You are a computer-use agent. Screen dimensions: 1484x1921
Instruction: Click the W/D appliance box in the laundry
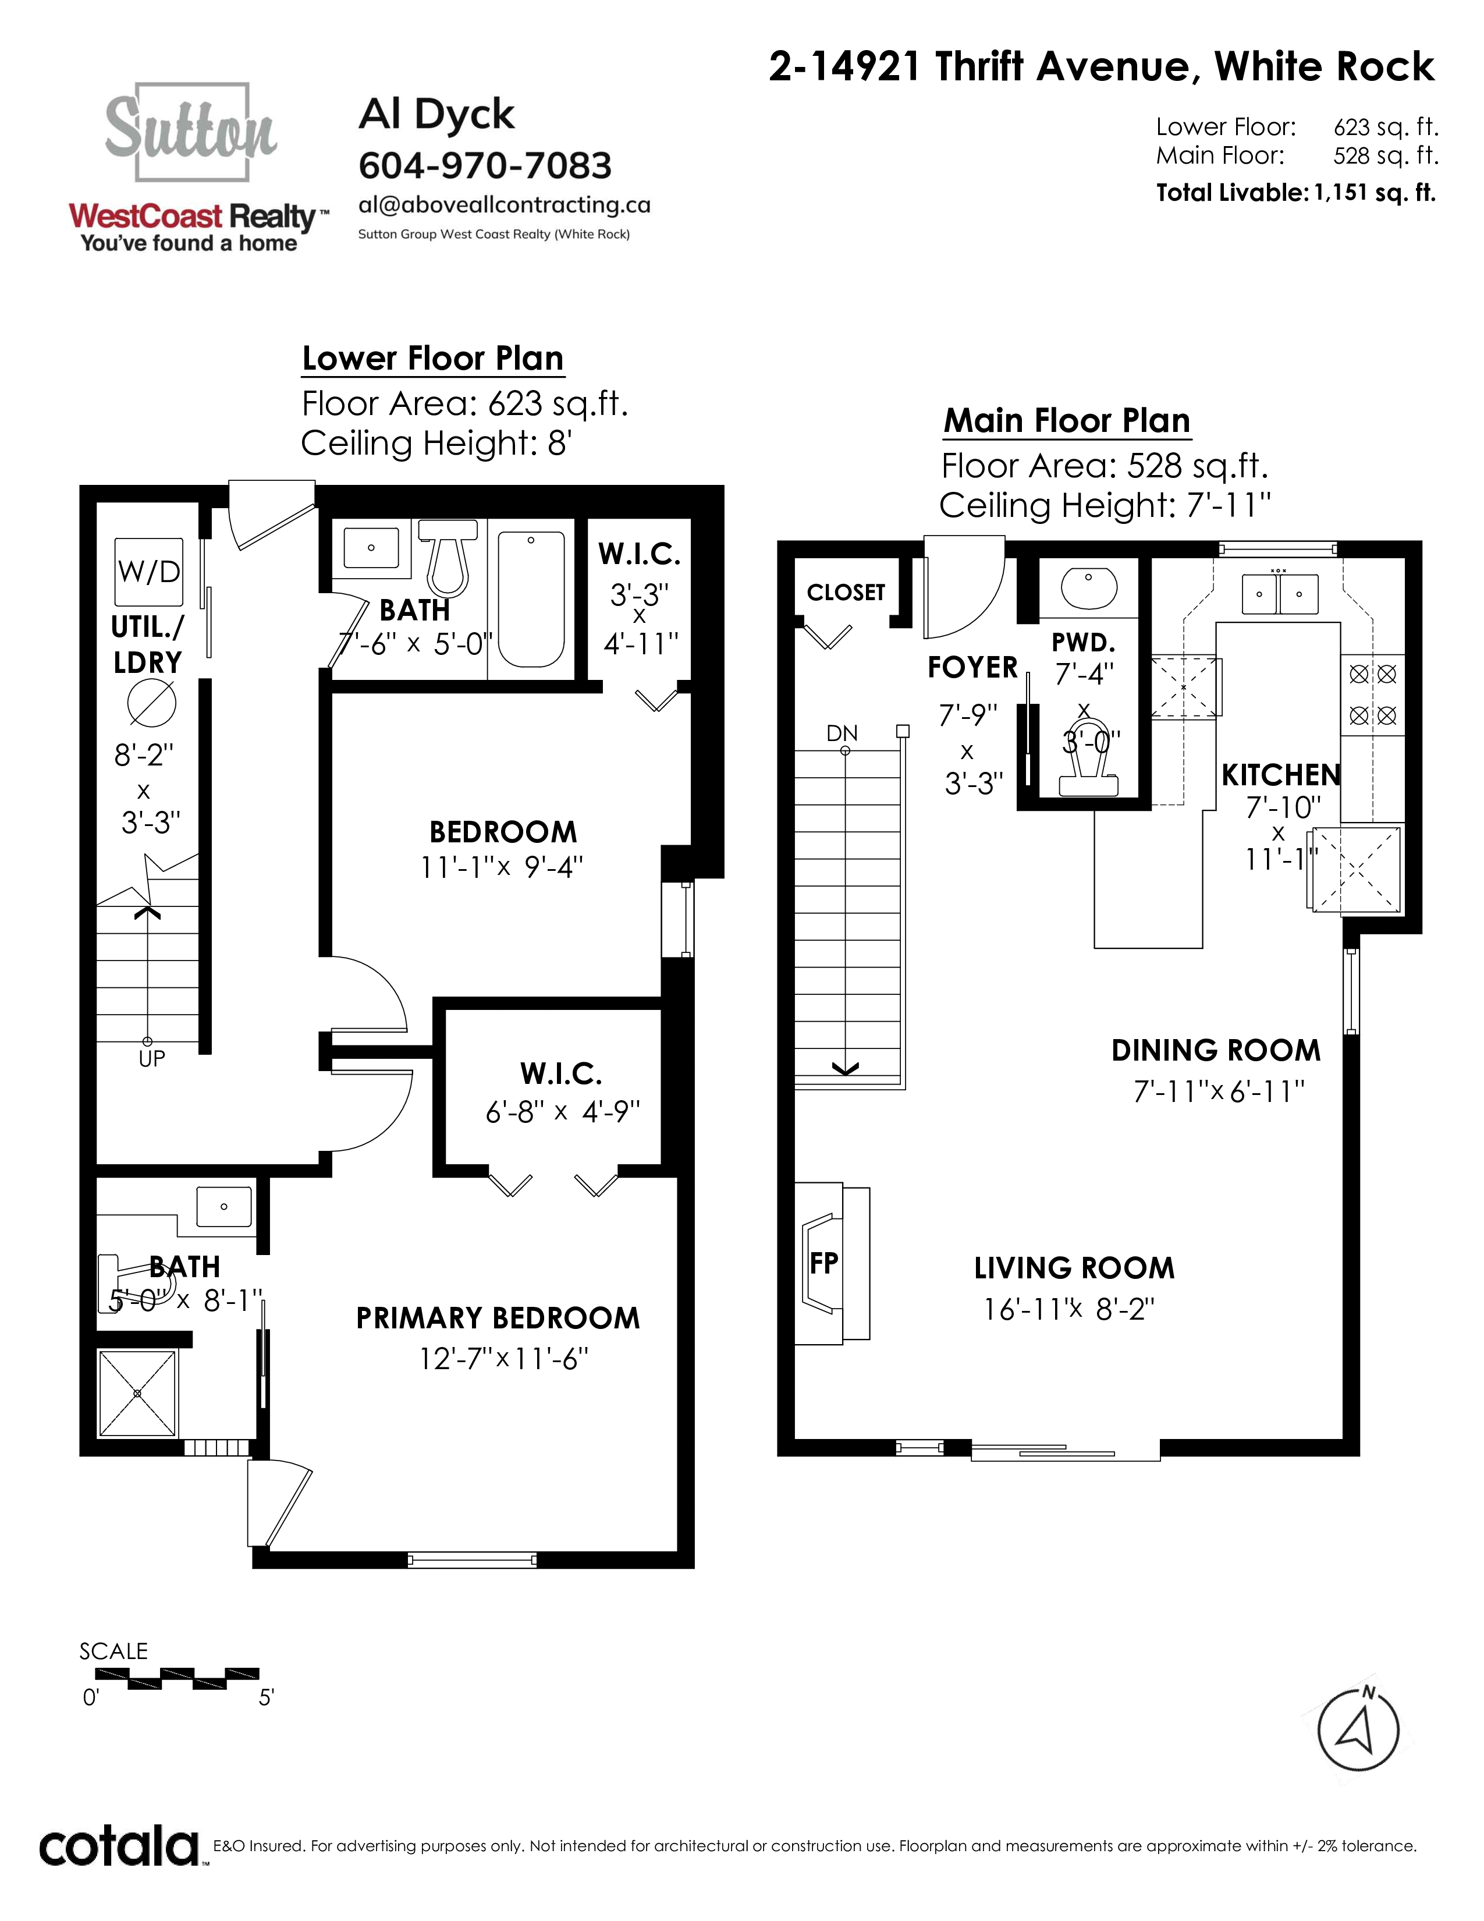point(150,572)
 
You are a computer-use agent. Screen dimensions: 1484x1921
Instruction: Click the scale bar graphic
point(193,1678)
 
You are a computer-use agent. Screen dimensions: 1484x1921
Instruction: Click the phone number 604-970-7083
point(485,165)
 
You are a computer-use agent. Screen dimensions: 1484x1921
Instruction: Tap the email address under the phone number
point(505,205)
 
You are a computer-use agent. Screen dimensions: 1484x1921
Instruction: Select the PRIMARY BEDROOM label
point(498,1317)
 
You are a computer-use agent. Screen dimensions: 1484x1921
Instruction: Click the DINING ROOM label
point(1216,1050)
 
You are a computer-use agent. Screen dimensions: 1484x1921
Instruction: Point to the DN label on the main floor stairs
point(842,733)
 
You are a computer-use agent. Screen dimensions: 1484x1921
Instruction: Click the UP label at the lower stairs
point(151,1059)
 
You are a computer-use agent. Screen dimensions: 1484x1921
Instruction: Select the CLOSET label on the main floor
point(846,592)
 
